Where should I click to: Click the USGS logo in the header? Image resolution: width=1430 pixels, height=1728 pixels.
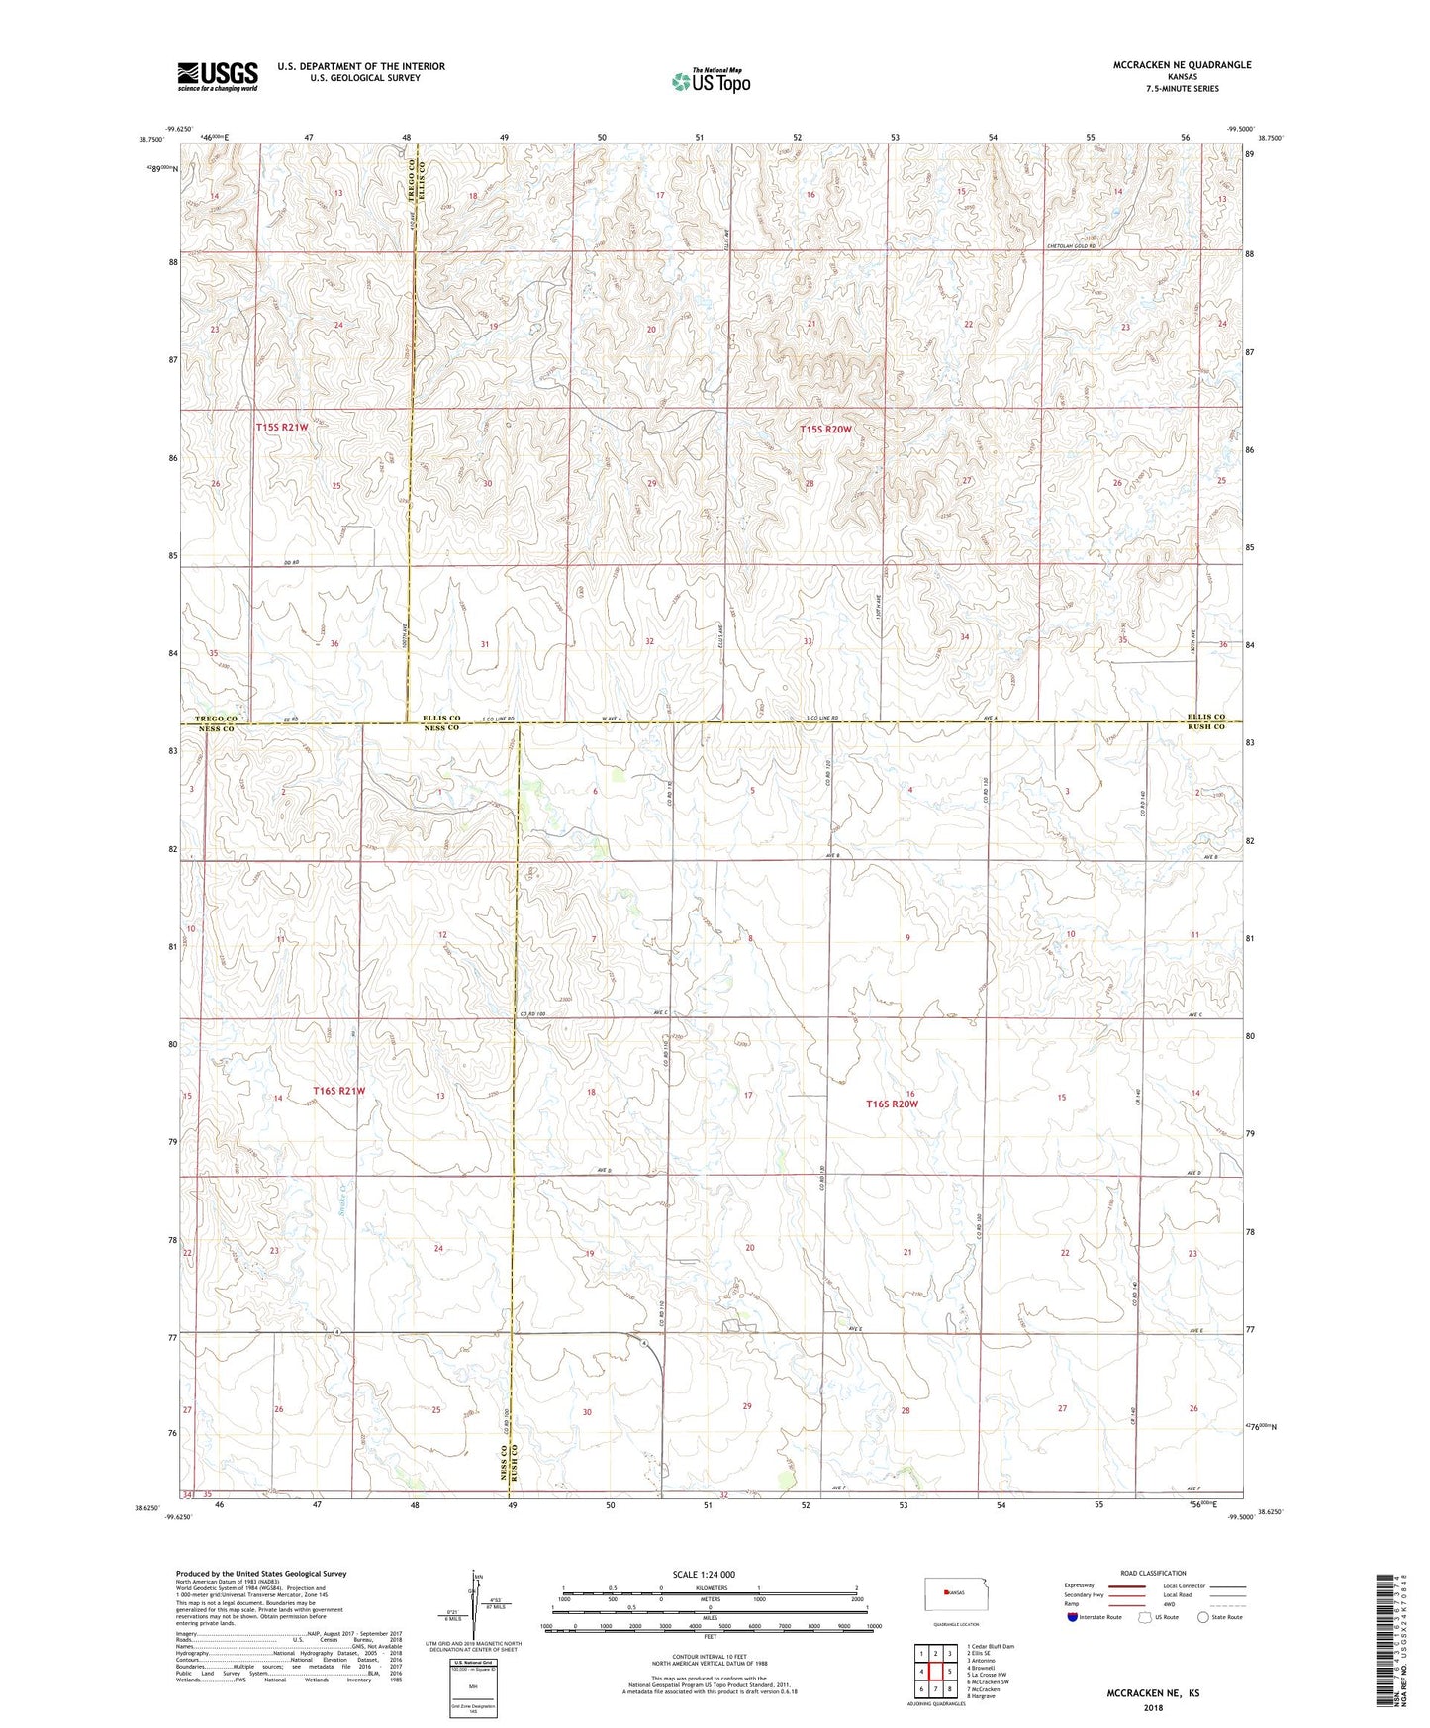(217, 76)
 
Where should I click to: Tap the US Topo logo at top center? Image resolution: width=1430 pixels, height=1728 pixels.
(710, 81)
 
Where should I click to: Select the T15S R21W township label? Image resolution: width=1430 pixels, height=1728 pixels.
(282, 428)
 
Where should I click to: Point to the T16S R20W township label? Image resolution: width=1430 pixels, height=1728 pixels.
(892, 1104)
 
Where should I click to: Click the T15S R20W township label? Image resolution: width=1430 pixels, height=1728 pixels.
(825, 430)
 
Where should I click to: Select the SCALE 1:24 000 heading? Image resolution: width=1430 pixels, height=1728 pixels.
(705, 1575)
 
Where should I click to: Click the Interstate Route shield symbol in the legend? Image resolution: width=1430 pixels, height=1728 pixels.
(1073, 1617)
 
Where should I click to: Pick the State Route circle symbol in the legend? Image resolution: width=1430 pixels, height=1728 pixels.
(1202, 1617)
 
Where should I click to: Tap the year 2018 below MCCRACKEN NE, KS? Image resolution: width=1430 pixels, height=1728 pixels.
(1153, 1707)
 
